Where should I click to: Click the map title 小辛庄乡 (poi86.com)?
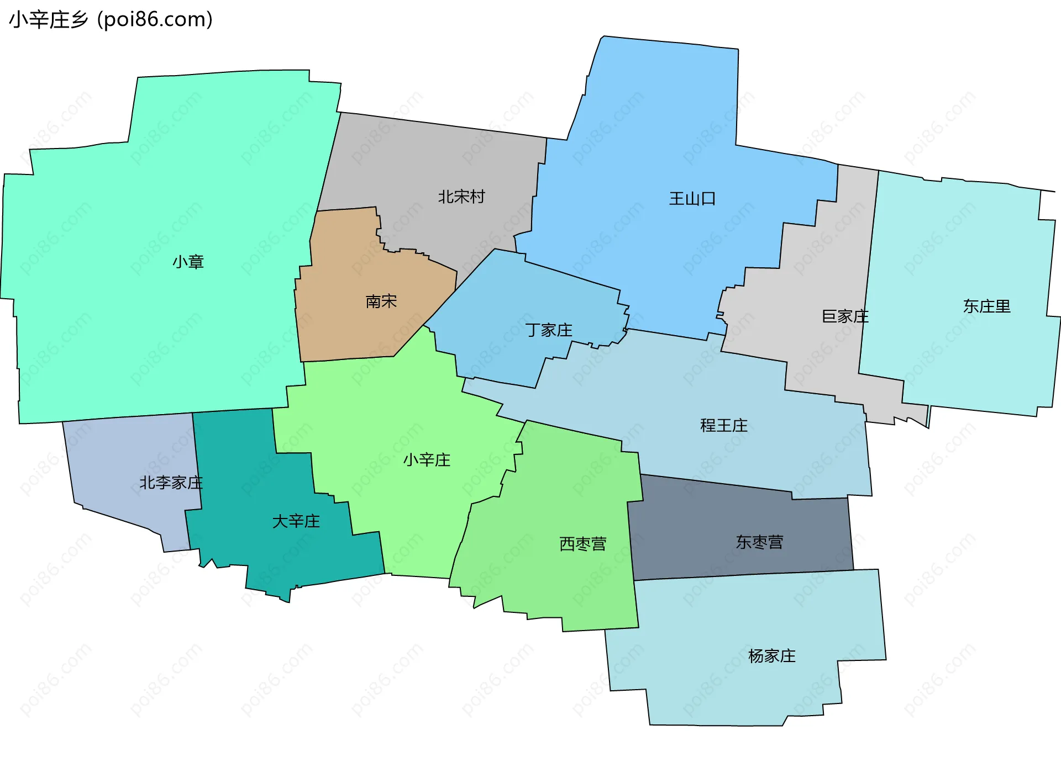[x=111, y=20]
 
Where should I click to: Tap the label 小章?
[x=188, y=262]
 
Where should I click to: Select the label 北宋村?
[x=461, y=197]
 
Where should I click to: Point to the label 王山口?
[x=692, y=199]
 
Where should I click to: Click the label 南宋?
[x=381, y=301]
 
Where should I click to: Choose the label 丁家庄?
[x=549, y=330]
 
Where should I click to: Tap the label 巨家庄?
[x=845, y=316]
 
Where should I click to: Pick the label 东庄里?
[x=986, y=306]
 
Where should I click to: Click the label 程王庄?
[x=724, y=425]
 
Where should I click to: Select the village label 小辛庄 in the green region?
[x=427, y=460]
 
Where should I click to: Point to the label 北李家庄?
[x=171, y=483]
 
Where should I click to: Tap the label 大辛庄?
[x=296, y=521]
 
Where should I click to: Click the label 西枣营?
[x=583, y=544]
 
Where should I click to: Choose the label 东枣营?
[x=759, y=542]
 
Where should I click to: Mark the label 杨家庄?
[x=772, y=656]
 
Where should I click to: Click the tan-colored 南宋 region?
[x=354, y=331]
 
